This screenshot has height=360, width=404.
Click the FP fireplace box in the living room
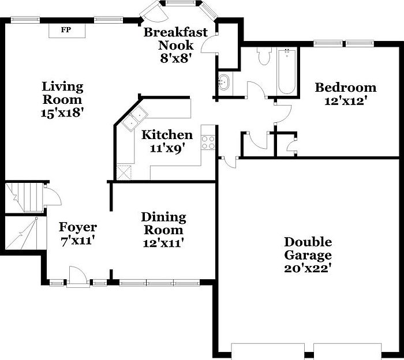pos(66,30)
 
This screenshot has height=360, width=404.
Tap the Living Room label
pos(62,93)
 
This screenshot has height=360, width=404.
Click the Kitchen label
pos(167,135)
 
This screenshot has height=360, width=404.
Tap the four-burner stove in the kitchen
pos(208,142)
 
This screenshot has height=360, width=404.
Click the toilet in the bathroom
pos(264,56)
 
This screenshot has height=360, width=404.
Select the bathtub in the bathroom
pos(287,72)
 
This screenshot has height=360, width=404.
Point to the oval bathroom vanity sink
pos(224,84)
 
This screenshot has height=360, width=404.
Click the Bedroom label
pos(345,88)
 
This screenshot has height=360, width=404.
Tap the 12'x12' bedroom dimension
pos(345,100)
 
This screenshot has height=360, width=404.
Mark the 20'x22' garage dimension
pos(308,268)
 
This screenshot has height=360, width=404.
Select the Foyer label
pos(78,227)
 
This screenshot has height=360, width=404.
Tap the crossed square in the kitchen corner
pos(124,172)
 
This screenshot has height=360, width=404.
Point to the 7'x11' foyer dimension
pos(78,240)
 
